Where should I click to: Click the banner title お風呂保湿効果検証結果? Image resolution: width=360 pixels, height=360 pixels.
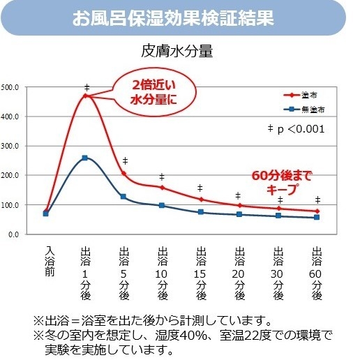coord(180,17)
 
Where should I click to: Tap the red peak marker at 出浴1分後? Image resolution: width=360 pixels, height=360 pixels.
coord(85,96)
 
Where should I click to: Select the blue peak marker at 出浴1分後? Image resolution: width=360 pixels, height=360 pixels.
coord(85,158)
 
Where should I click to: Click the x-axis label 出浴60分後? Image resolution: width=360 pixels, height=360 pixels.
coord(317,273)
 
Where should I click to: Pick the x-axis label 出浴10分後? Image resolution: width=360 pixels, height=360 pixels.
coord(162,273)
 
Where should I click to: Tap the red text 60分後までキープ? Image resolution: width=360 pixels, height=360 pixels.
coord(282,182)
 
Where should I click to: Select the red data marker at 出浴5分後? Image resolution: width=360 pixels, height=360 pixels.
coord(123,174)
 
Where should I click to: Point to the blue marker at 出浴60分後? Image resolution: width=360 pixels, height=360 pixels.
coord(317,218)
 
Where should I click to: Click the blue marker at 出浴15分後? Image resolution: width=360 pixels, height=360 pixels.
coord(200,212)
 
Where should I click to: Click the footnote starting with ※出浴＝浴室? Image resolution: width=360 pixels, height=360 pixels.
coord(152,321)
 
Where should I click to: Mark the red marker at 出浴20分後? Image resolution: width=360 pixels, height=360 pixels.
coord(239,206)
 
